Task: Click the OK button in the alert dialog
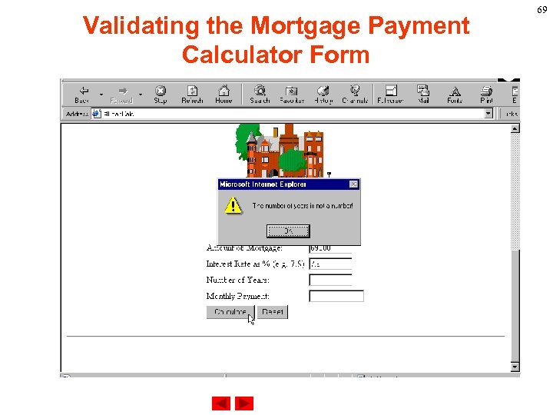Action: pos(288,231)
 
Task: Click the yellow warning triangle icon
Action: pos(232,206)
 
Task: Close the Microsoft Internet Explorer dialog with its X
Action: pos(353,184)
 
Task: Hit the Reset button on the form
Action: pos(273,312)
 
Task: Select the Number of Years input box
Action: pos(330,281)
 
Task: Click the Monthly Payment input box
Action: pos(336,296)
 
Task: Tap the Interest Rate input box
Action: pos(330,264)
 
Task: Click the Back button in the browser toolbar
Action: pos(82,95)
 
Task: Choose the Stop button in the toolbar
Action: pos(161,95)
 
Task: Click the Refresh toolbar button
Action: pos(192,95)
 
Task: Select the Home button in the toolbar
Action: pos(224,95)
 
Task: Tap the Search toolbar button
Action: pos(260,95)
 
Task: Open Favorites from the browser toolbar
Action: pos(292,95)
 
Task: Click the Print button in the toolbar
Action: pos(486,95)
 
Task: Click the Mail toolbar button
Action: pos(423,95)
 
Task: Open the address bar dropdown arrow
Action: pos(488,113)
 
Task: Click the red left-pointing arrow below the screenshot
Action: pos(221,403)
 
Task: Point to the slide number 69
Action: pos(541,9)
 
